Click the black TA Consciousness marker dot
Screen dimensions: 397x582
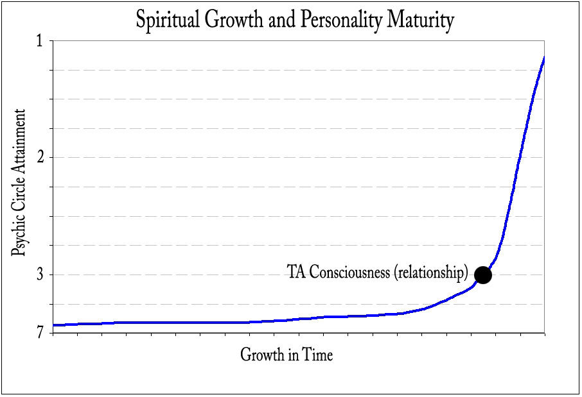(482, 275)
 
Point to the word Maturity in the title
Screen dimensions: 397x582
(421, 21)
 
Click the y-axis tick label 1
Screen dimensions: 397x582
(39, 40)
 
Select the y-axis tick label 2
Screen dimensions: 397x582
(39, 157)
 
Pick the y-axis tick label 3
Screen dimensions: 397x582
(39, 275)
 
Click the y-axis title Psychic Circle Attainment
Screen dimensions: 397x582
(21, 183)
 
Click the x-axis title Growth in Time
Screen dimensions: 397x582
(287, 354)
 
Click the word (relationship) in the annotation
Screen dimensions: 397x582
(430, 273)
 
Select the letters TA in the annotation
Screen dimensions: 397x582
(295, 273)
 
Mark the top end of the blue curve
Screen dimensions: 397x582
(544, 58)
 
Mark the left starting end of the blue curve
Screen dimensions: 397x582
(54, 325)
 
